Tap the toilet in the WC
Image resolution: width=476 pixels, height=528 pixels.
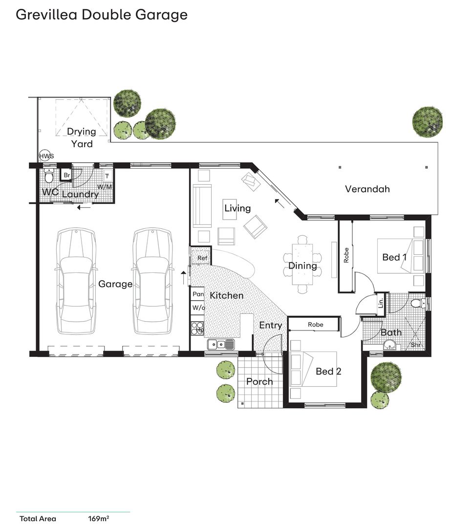point(48,176)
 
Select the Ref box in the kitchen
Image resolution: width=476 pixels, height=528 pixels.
point(201,258)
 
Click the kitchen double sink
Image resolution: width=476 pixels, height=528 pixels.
point(221,345)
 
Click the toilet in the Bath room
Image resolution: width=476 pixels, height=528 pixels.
point(417,304)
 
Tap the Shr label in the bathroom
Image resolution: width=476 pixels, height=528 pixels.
point(415,345)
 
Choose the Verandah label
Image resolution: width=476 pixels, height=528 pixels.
point(368,189)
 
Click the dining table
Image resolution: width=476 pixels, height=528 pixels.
point(303,264)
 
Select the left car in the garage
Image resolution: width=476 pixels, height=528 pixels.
point(75,282)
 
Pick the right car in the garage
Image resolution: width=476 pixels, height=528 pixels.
point(152,282)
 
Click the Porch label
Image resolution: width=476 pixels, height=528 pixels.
point(260,381)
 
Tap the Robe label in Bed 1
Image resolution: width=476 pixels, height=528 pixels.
point(346,256)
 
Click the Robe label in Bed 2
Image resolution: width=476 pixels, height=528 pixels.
point(315,325)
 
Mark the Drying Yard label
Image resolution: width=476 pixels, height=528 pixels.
point(82,137)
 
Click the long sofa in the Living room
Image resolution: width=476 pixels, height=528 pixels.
point(202,206)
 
